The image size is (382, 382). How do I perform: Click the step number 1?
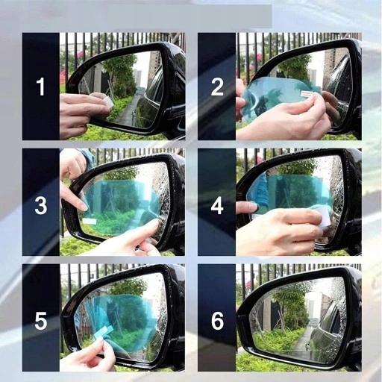click(x=41, y=87)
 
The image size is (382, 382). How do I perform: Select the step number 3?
click(x=41, y=205)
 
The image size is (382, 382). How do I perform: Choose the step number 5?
click(x=41, y=321)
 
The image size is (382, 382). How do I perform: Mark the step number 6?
click(x=217, y=321)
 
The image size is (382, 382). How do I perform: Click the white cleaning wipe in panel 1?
click(x=108, y=102)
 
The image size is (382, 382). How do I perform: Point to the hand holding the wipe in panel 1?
click(x=82, y=114)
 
